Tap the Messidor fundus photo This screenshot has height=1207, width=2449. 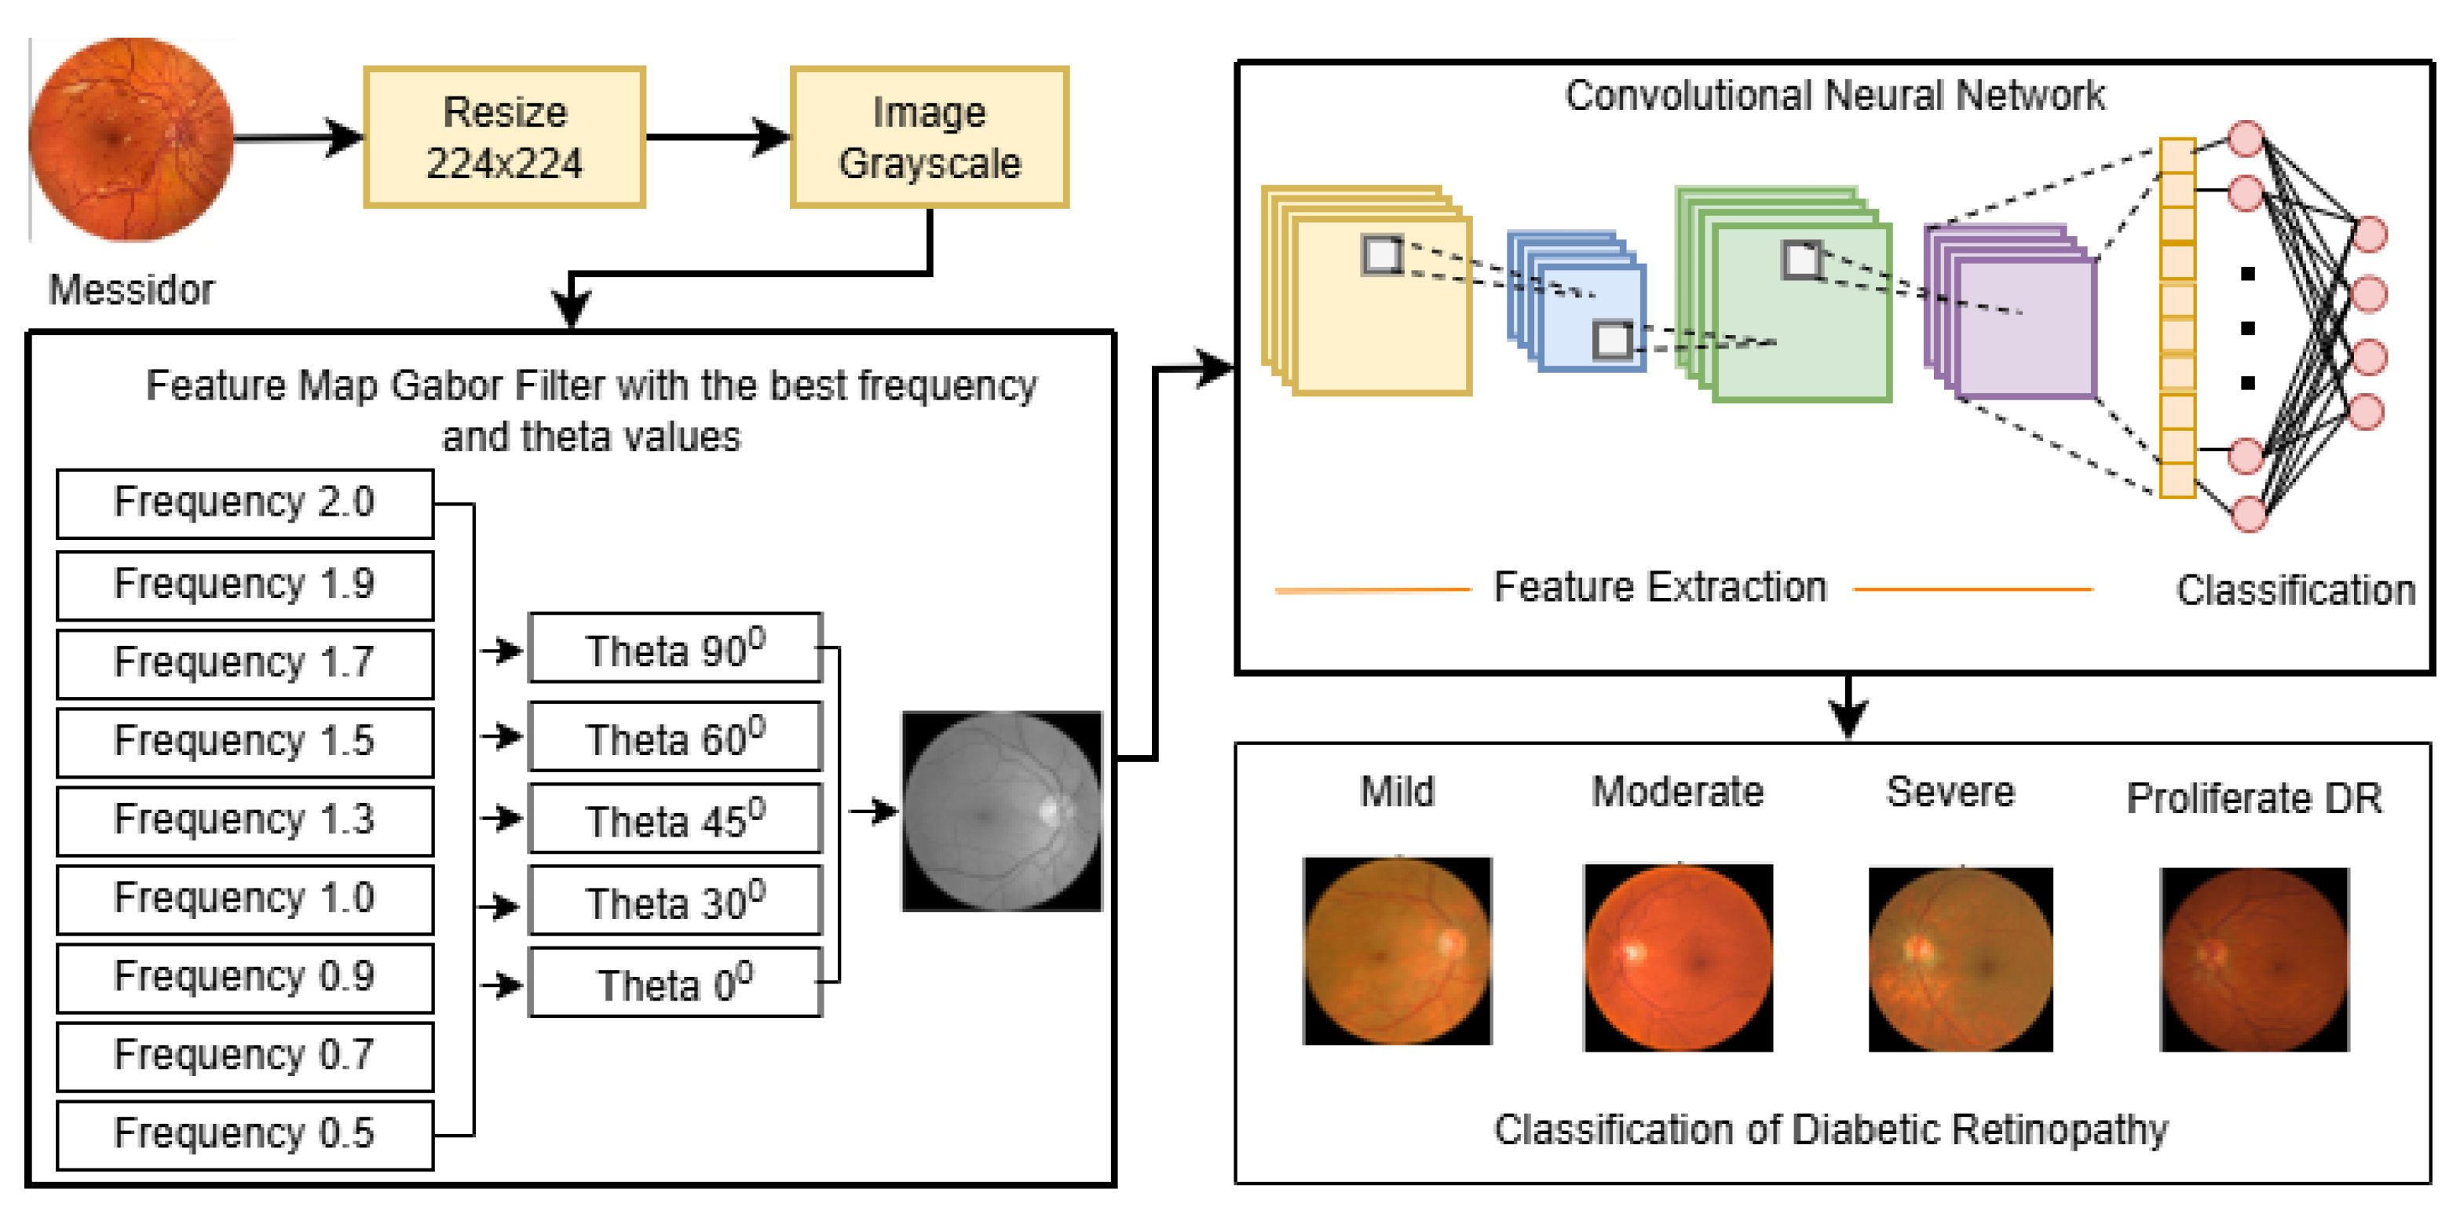tap(131, 139)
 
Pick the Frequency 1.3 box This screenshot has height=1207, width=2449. tap(244, 820)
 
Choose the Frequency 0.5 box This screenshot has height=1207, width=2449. tap(244, 1134)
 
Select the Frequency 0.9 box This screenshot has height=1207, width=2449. tap(244, 977)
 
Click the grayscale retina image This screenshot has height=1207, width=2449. tap(1001, 811)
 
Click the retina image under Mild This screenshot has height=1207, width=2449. tap(1397, 950)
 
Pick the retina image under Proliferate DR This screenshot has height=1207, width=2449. tap(2253, 958)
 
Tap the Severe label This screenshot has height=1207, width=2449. tap(1950, 792)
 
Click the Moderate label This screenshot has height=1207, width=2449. tap(1677, 792)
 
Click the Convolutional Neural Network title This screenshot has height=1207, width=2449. tap(1834, 95)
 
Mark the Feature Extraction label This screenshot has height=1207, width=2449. tap(1659, 587)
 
